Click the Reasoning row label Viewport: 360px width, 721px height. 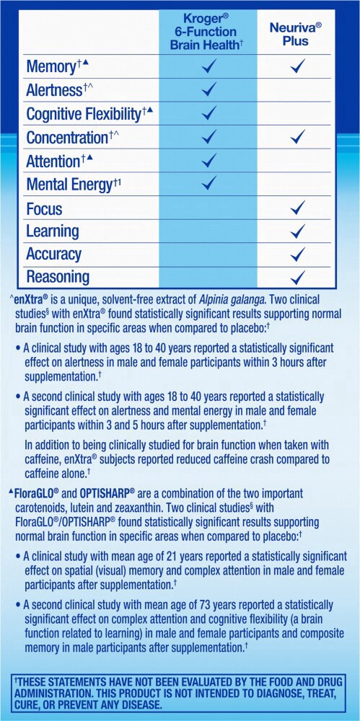[58, 277]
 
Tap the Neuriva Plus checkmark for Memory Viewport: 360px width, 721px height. [297, 67]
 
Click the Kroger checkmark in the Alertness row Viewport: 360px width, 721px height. [210, 90]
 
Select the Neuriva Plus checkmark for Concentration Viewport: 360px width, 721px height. [297, 136]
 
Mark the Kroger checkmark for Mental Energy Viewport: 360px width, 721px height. [210, 183]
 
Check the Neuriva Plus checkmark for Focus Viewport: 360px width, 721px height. [297, 208]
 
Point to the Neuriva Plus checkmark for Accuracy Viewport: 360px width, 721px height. [297, 254]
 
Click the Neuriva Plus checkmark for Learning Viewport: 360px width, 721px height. [297, 231]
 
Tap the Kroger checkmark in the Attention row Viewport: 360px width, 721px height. [210, 160]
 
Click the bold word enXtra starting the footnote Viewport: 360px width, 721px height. [30, 298]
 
